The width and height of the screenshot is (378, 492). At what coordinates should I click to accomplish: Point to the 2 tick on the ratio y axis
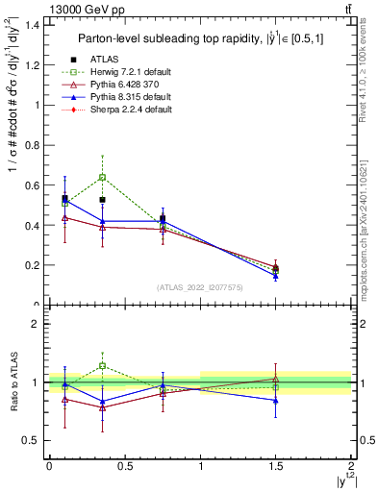click(37, 324)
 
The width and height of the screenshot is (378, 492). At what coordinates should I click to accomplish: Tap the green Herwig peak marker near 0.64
click(102, 178)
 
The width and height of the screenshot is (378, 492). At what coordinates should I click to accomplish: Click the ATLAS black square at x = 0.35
click(102, 200)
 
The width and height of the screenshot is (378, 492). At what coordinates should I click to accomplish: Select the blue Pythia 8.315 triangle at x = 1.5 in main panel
click(276, 277)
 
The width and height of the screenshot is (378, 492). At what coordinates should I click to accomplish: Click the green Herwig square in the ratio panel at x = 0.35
click(102, 365)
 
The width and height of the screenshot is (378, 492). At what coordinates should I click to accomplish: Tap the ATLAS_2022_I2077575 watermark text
click(200, 287)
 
